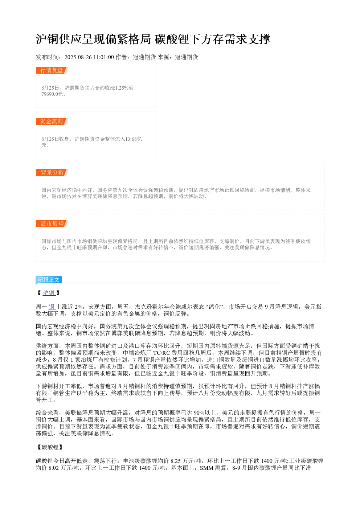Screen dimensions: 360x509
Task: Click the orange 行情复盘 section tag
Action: pyautogui.click(x=52, y=70)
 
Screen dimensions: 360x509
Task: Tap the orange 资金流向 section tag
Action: pyautogui.click(x=52, y=121)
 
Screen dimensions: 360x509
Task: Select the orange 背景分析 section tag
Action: pyautogui.click(x=52, y=172)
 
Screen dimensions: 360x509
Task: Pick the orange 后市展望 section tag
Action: pyautogui.click(x=52, y=223)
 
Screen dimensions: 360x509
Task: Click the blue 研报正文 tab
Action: pyautogui.click(x=49, y=279)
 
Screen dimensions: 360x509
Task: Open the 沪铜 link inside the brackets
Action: pyautogui.click(x=49, y=293)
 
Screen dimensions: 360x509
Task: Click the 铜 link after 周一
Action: pyautogui.click(x=52, y=307)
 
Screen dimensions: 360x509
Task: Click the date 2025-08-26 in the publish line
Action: pyautogui.click(x=78, y=57)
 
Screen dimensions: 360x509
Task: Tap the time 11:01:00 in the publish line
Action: pyautogui.click(x=103, y=57)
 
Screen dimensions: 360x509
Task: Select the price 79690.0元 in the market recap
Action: pyautogui.click(x=52, y=94)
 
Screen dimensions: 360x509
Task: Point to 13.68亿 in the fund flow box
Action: pyautogui.click(x=134, y=139)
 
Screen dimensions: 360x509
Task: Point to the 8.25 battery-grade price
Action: pyautogui.click(x=176, y=461)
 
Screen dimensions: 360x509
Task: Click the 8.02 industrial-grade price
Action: pyautogui.click(x=54, y=468)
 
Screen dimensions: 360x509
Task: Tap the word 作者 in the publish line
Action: pyautogui.click(x=121, y=57)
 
